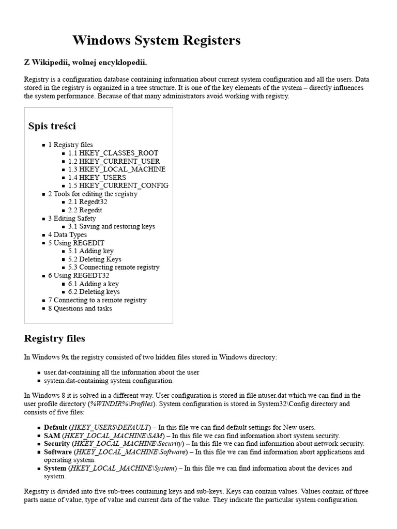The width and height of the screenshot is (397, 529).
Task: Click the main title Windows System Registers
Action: [156, 40]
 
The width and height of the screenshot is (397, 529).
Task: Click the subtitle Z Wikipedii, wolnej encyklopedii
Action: [85, 63]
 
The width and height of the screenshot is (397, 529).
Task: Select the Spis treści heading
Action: [52, 126]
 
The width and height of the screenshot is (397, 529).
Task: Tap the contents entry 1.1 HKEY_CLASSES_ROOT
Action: [113, 153]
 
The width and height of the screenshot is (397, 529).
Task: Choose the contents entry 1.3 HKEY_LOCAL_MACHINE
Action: [117, 169]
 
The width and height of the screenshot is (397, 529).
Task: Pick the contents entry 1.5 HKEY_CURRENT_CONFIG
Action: [118, 185]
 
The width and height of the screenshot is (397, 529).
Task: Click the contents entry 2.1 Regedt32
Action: [87, 202]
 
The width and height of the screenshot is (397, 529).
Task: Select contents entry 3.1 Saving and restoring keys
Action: [111, 226]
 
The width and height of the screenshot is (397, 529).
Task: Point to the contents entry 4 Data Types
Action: [67, 235]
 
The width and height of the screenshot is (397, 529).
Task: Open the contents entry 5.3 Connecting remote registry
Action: [114, 267]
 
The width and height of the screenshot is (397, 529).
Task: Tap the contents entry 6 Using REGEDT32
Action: [75, 275]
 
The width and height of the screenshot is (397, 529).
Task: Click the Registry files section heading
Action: [54, 339]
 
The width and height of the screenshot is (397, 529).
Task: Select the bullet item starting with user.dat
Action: [121, 372]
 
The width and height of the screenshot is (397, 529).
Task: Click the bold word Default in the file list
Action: [55, 427]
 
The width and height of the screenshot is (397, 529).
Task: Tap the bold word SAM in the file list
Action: [52, 435]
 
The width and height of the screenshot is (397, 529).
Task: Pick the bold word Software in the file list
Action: [57, 452]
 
